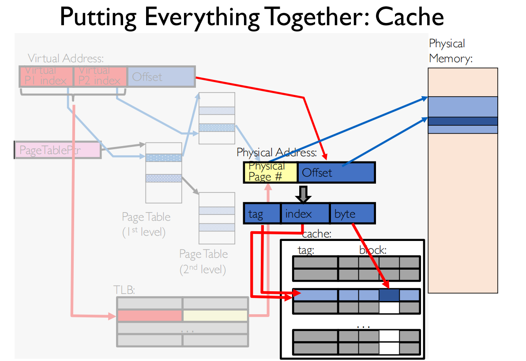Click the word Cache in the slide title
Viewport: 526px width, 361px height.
coord(410,16)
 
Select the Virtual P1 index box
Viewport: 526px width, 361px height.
coord(45,76)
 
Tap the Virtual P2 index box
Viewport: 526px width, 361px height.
coord(100,76)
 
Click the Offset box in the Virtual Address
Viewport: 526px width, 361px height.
coord(161,76)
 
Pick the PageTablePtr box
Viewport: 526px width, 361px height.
coord(58,150)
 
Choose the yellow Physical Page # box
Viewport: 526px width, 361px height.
coord(271,172)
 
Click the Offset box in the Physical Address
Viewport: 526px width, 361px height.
coord(336,172)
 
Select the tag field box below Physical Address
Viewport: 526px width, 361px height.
coord(262,214)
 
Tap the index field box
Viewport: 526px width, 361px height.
coord(305,214)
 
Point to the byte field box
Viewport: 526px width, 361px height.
coord(352,214)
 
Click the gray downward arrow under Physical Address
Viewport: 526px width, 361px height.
coord(304,193)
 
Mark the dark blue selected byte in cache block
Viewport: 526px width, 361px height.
coord(389,295)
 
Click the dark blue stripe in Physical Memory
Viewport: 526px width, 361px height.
coord(462,121)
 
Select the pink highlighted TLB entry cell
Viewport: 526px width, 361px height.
coord(150,316)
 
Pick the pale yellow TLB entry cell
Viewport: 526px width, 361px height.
coord(215,316)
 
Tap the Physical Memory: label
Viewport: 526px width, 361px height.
coord(450,51)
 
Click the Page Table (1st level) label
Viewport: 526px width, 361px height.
coord(146,225)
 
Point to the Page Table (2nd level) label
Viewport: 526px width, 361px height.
coord(203,262)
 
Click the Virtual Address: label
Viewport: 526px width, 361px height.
coord(65,58)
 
